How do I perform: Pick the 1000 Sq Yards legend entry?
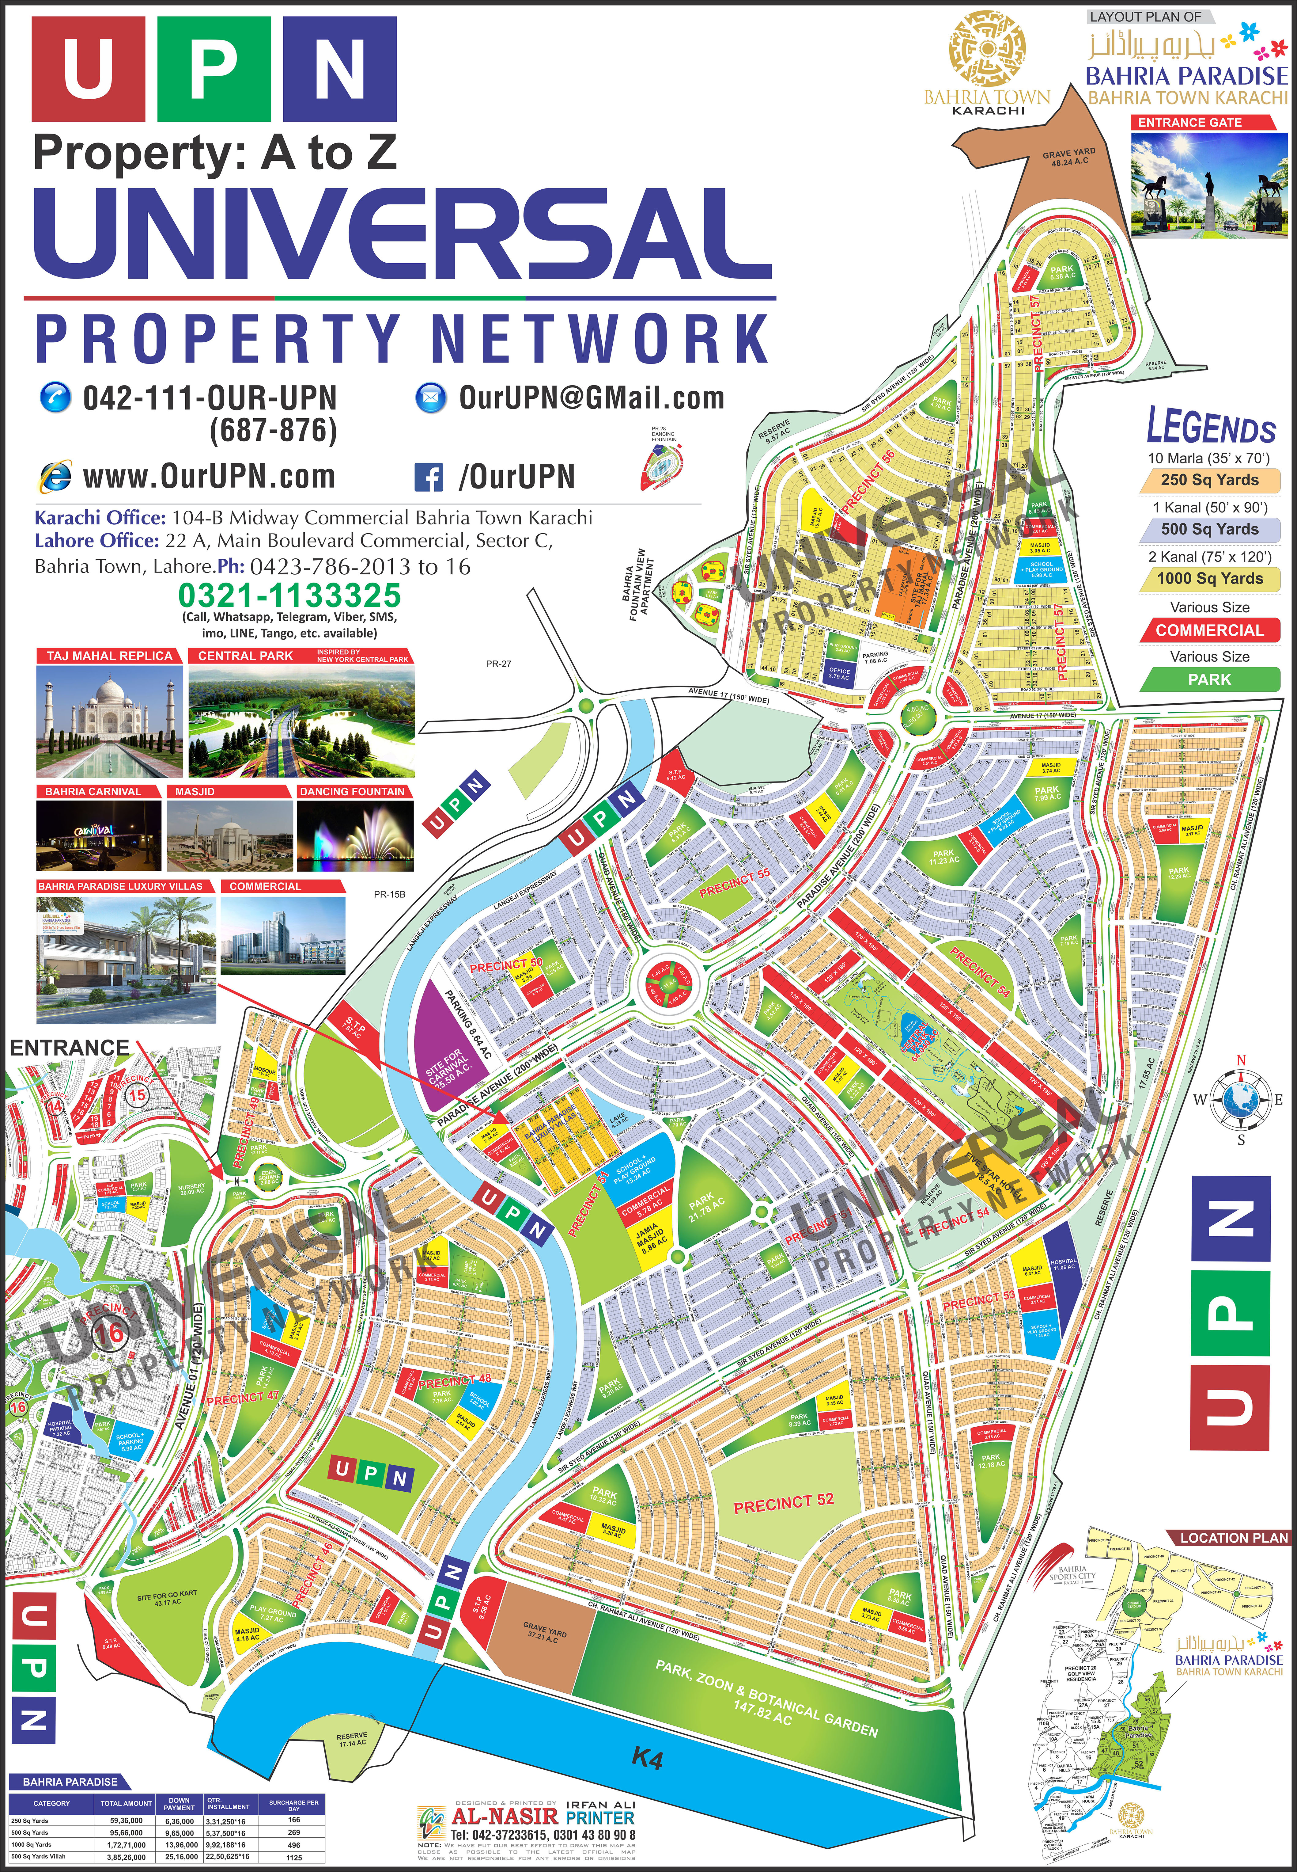pyautogui.click(x=1209, y=579)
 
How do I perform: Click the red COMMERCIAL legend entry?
pyautogui.click(x=1209, y=630)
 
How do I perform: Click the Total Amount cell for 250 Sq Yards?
pyautogui.click(x=126, y=1821)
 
